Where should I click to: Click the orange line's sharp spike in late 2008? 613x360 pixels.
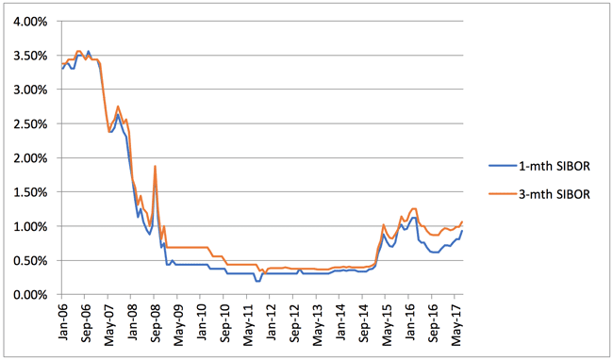coord(155,167)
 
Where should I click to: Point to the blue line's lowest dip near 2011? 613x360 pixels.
coord(257,281)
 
